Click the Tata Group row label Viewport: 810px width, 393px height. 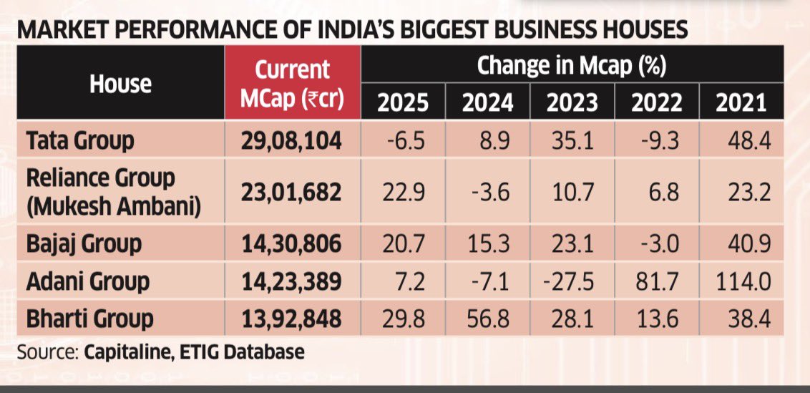(x=80, y=140)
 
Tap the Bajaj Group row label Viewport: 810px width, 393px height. (x=83, y=244)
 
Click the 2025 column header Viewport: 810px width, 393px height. (x=403, y=102)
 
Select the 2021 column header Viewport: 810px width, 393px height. (x=741, y=102)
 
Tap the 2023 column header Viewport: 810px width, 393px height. (x=572, y=102)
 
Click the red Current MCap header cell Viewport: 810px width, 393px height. (x=293, y=84)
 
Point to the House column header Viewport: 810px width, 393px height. (x=120, y=84)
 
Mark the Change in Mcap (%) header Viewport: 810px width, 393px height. (x=572, y=67)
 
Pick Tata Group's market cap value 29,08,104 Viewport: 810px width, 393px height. (x=293, y=140)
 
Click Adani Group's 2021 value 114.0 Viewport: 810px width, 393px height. (x=741, y=281)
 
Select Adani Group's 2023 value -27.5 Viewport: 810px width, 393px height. (x=572, y=281)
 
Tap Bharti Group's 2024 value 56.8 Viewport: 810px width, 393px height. (x=487, y=319)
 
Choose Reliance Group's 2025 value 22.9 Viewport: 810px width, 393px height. (x=403, y=192)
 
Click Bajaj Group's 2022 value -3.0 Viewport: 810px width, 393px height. (x=656, y=244)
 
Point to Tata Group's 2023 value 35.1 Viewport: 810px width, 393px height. (x=572, y=140)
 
